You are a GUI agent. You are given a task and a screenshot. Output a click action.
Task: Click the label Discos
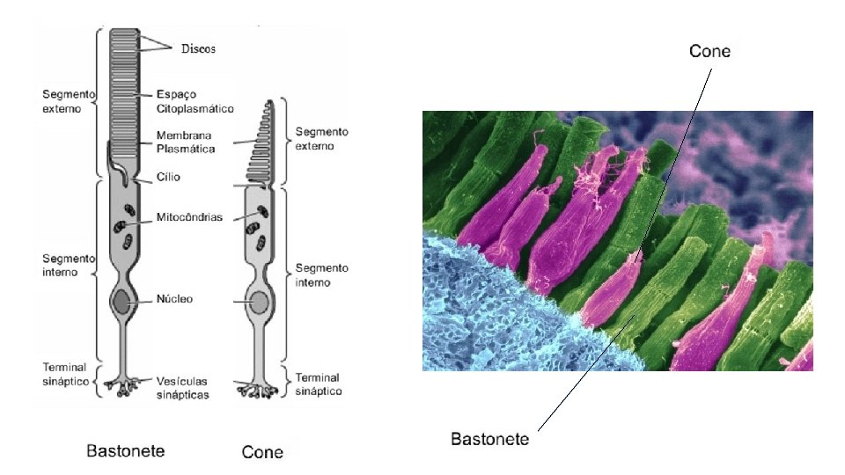tap(198, 48)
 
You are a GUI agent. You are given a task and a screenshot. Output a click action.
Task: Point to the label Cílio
tap(168, 177)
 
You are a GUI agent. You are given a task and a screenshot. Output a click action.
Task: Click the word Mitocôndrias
tap(188, 216)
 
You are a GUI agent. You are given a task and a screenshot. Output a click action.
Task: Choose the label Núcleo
tap(174, 299)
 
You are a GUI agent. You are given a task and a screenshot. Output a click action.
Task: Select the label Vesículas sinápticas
tap(183, 388)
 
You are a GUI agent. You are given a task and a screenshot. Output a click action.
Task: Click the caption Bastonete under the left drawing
tap(125, 451)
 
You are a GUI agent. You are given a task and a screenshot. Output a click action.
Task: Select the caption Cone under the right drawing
tap(262, 452)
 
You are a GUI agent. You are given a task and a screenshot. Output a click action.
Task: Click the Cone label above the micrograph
tap(709, 51)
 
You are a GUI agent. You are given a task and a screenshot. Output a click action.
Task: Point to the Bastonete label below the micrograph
tap(489, 439)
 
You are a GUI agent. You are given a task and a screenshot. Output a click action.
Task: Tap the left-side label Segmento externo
tap(65, 101)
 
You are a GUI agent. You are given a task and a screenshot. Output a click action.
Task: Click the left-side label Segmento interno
tap(66, 265)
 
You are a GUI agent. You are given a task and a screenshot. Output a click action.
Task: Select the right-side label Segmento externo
tap(321, 138)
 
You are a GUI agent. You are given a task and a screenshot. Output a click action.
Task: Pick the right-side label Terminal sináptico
tap(319, 384)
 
